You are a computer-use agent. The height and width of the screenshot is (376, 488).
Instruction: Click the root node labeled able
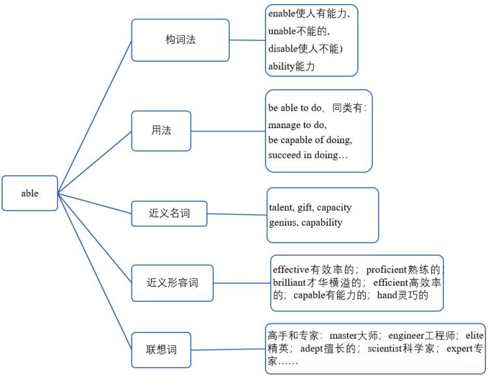30,193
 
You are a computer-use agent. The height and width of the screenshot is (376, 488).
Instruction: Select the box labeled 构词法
180,40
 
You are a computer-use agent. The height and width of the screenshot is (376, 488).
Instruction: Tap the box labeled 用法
161,131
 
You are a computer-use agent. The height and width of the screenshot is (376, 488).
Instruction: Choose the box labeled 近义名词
169,213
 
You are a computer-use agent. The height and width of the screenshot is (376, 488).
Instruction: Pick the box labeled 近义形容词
172,283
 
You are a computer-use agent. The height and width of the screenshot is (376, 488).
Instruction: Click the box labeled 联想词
161,350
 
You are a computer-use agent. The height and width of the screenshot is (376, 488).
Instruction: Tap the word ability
282,65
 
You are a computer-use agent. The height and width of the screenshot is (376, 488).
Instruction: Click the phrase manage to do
297,124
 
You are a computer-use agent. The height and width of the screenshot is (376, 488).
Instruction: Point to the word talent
281,208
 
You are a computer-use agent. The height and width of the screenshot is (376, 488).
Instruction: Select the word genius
283,222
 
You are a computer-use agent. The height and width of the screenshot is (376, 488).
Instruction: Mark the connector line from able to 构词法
94,117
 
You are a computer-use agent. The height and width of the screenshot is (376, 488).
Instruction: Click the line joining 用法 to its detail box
228,131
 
